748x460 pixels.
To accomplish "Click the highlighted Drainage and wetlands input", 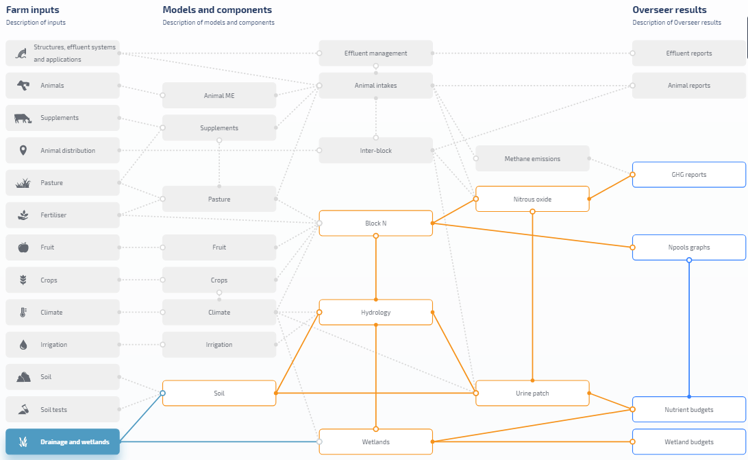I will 62,442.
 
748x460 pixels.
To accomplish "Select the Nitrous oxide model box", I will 532,199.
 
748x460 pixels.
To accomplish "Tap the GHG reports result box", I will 688,175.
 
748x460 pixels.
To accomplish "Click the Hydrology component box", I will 375,313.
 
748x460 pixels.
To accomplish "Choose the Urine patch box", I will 532,394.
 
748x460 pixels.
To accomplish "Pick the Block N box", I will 375,223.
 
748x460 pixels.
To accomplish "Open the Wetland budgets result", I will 688,442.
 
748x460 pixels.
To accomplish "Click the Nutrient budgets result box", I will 688,410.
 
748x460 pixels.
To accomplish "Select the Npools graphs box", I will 688,247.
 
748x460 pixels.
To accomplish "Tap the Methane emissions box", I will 532,159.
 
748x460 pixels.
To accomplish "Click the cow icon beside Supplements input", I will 23,119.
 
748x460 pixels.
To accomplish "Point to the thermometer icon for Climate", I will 23,313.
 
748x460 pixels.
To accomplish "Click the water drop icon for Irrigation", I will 23,345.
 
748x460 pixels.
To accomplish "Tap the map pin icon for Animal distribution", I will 23,151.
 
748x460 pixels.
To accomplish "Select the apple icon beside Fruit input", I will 23,247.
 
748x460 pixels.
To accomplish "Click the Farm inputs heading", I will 32,10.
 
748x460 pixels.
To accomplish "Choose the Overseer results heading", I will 669,10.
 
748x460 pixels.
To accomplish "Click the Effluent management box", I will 375,53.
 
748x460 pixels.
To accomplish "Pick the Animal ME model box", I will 219,96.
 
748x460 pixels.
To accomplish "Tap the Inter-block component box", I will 375,151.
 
